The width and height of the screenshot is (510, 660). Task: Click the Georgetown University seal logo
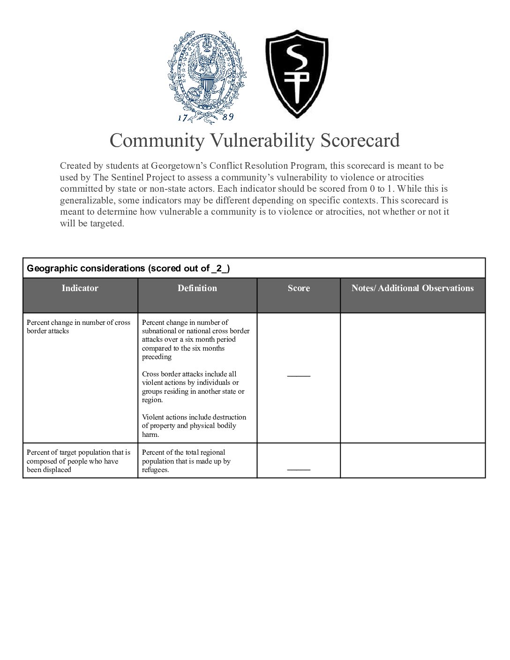[x=207, y=75]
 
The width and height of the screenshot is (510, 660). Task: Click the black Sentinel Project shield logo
[x=297, y=74]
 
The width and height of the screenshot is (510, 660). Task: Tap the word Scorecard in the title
[x=360, y=140]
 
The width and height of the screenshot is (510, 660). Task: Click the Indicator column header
[x=80, y=288]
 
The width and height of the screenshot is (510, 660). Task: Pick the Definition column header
[x=197, y=288]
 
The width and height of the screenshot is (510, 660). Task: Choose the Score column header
[x=299, y=288]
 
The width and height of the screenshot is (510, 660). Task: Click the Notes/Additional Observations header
[x=412, y=288]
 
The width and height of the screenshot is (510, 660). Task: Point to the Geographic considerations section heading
[x=128, y=268]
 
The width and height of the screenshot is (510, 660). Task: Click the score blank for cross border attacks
[x=299, y=375]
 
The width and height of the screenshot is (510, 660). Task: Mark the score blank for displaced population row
[x=299, y=468]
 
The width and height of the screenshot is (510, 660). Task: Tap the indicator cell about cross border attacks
[x=79, y=327]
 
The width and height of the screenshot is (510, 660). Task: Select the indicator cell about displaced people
[x=79, y=461]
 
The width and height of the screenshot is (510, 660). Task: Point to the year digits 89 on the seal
[x=228, y=117]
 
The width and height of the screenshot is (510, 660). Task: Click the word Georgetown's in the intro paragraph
[x=179, y=166]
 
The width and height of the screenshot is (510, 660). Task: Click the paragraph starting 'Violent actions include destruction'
[x=194, y=426]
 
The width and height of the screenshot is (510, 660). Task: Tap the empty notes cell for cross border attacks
[x=412, y=377]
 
